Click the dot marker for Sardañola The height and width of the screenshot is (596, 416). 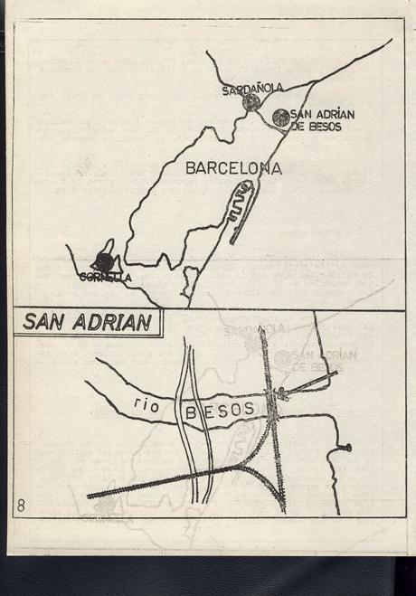[251, 102]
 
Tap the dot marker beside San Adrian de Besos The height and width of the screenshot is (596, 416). [281, 118]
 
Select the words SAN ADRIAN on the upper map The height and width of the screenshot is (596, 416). [323, 114]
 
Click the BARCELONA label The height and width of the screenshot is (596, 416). [232, 168]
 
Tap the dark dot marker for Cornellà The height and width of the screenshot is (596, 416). [104, 262]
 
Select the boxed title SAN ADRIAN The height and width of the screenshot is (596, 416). [87, 323]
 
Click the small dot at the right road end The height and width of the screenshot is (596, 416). [346, 447]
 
